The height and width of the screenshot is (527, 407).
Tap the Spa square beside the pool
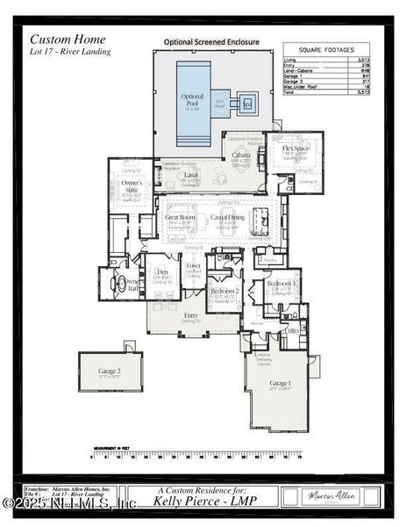click(246, 103)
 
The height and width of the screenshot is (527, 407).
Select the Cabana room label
click(240, 155)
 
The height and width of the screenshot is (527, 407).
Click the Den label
click(161, 273)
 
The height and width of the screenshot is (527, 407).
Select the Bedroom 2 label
click(225, 291)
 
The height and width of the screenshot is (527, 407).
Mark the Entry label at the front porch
click(191, 314)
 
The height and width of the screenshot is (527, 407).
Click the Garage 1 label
click(280, 384)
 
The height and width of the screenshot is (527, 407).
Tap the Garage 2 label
click(110, 372)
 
